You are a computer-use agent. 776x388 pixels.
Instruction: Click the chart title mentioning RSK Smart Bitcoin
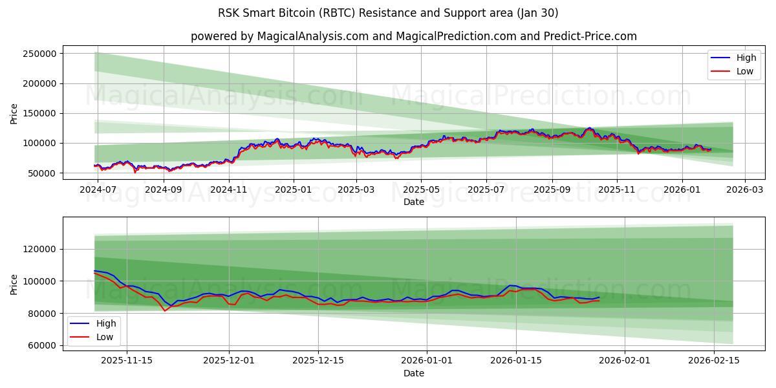point(388,13)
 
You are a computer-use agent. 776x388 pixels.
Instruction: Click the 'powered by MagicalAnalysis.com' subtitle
point(414,36)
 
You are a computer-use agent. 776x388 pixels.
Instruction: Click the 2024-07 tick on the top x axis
point(98,190)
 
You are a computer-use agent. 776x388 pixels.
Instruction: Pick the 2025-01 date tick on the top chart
point(293,190)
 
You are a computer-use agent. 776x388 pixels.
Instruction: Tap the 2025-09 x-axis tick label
point(552,190)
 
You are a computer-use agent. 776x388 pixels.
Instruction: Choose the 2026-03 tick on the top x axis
point(745,190)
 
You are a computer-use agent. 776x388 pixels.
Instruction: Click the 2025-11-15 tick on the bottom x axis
point(127,361)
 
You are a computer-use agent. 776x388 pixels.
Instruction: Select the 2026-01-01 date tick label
point(427,361)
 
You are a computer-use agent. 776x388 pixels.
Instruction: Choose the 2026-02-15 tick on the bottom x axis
point(714,361)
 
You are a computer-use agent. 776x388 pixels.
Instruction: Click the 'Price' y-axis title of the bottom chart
point(14,284)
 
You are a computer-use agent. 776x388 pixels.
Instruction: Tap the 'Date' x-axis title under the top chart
point(414,202)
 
